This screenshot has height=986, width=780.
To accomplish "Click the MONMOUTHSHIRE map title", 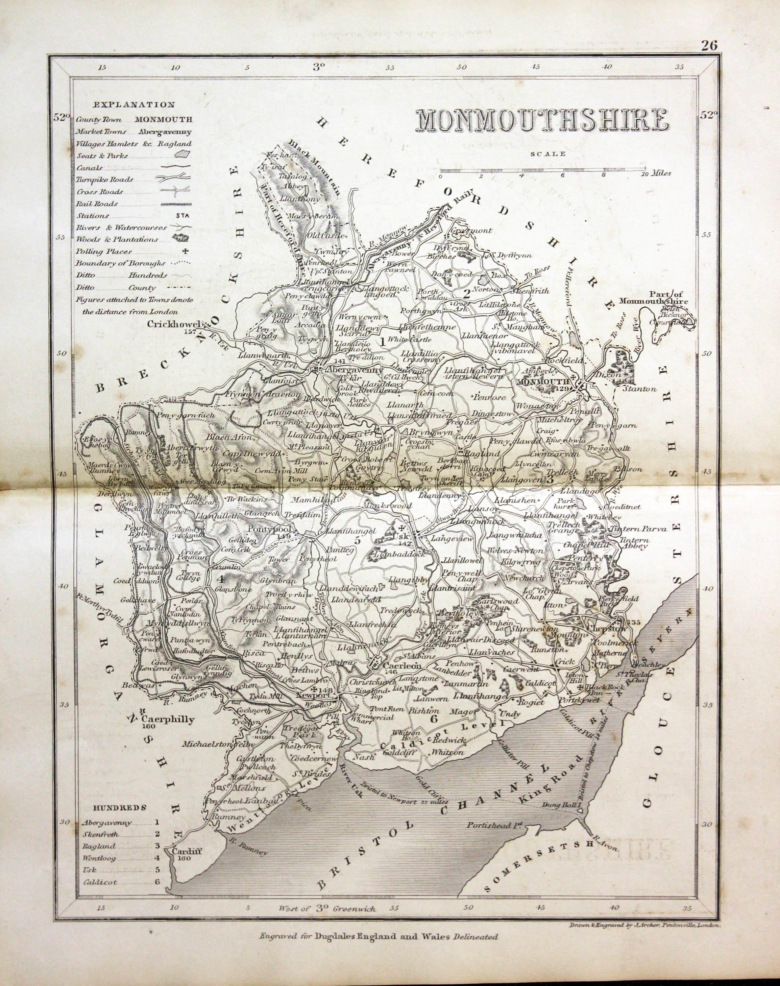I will point(542,120).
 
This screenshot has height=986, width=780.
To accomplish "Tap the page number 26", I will point(710,45).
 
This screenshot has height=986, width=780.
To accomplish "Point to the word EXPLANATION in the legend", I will point(134,105).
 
